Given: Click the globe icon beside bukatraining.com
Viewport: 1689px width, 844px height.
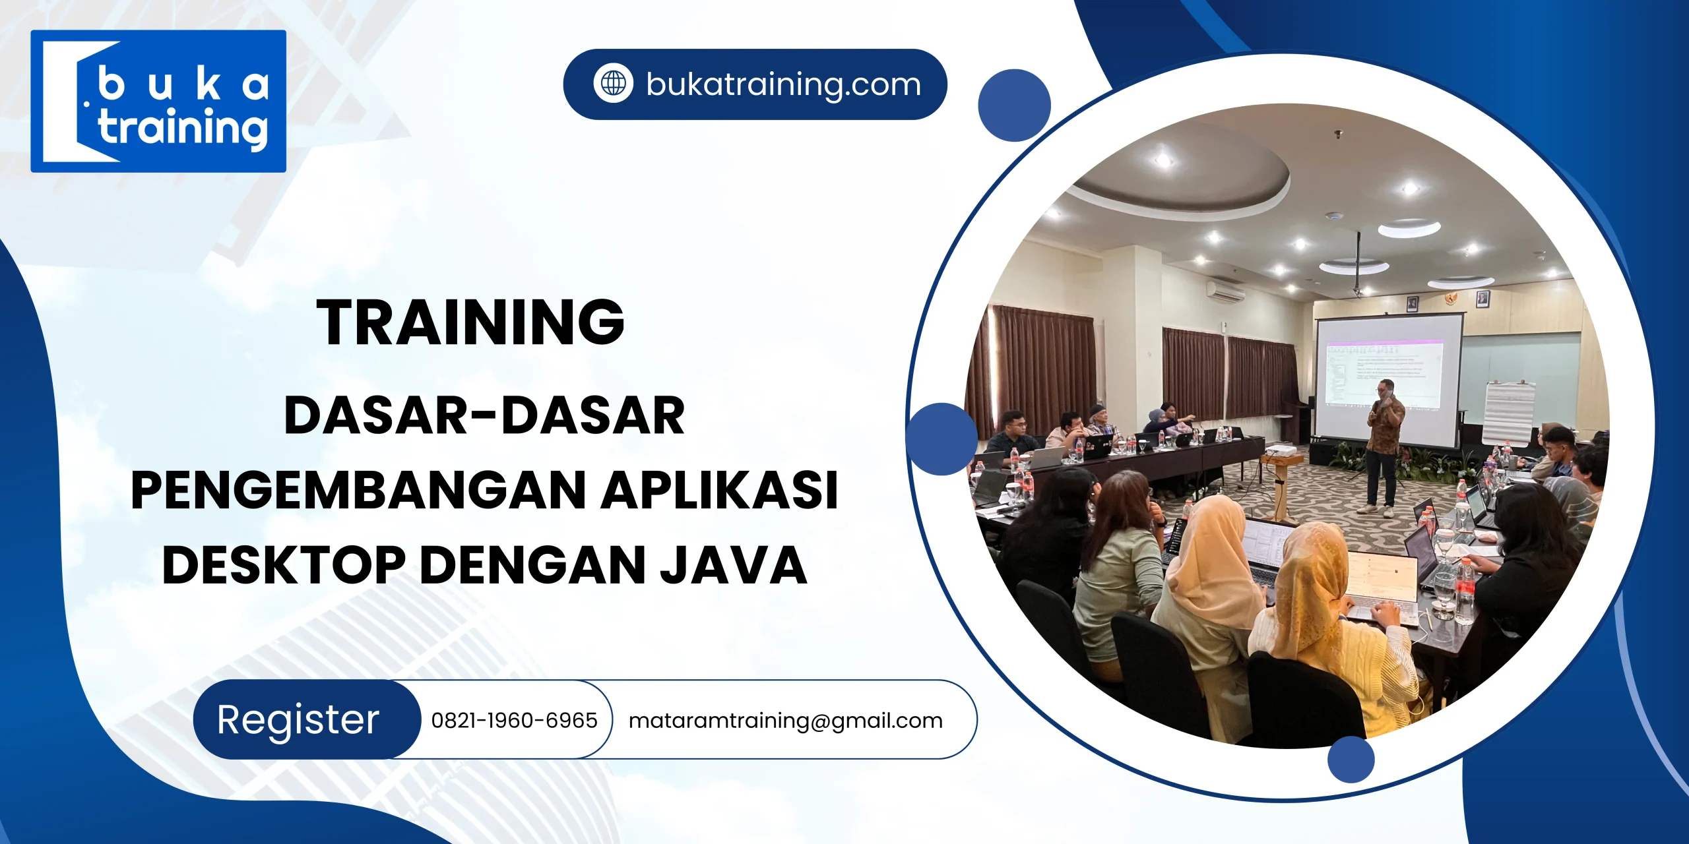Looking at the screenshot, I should click(614, 84).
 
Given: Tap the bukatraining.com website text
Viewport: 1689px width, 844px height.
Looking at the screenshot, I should click(783, 84).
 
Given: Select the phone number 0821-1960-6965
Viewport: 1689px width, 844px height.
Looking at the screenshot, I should click(514, 720).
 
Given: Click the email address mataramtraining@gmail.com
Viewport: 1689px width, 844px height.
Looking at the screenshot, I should click(785, 721).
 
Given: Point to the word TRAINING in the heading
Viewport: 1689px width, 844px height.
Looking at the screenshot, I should click(470, 322).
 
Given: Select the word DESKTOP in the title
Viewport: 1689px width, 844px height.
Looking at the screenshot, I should click(284, 565).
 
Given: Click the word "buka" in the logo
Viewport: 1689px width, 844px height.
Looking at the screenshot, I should click(183, 85).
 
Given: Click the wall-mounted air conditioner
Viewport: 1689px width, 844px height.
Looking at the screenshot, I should click(1226, 291).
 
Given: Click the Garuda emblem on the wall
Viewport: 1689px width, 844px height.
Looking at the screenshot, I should click(1446, 299).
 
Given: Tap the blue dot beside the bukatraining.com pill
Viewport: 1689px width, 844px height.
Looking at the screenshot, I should click(1014, 105).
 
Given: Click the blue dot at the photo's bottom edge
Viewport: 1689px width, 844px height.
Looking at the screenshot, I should click(1351, 759).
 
